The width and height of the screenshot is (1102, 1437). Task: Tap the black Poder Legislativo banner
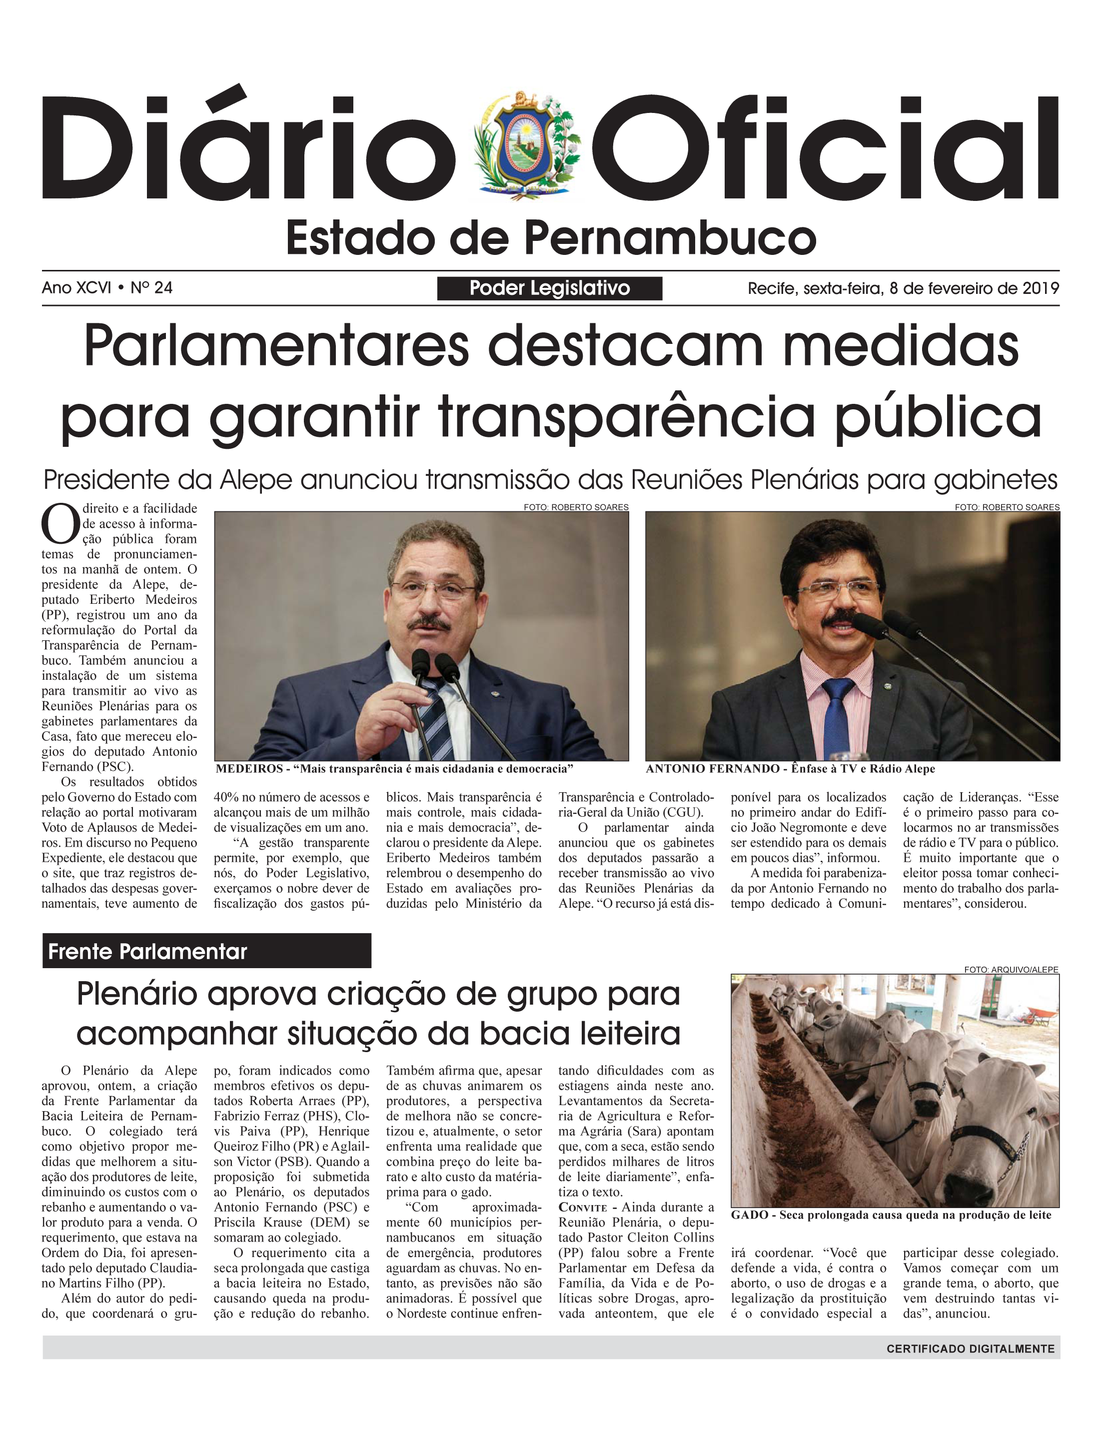pos(550,288)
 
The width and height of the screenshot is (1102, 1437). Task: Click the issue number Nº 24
pos(151,287)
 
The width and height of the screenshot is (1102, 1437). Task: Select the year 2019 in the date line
pos(1041,288)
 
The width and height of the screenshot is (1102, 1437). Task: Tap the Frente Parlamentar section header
pos(147,951)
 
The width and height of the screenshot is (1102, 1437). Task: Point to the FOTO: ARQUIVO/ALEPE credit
pos(1011,969)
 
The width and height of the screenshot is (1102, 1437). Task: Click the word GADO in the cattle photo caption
pos(750,1215)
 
